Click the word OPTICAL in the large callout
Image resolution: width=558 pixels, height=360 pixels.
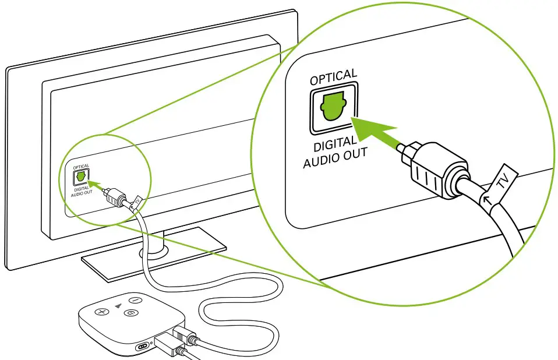(x=333, y=77)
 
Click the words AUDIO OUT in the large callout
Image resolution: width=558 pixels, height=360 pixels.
(x=335, y=157)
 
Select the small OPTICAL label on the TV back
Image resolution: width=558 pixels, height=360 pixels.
(x=81, y=166)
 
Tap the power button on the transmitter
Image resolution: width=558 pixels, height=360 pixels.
(x=133, y=301)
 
